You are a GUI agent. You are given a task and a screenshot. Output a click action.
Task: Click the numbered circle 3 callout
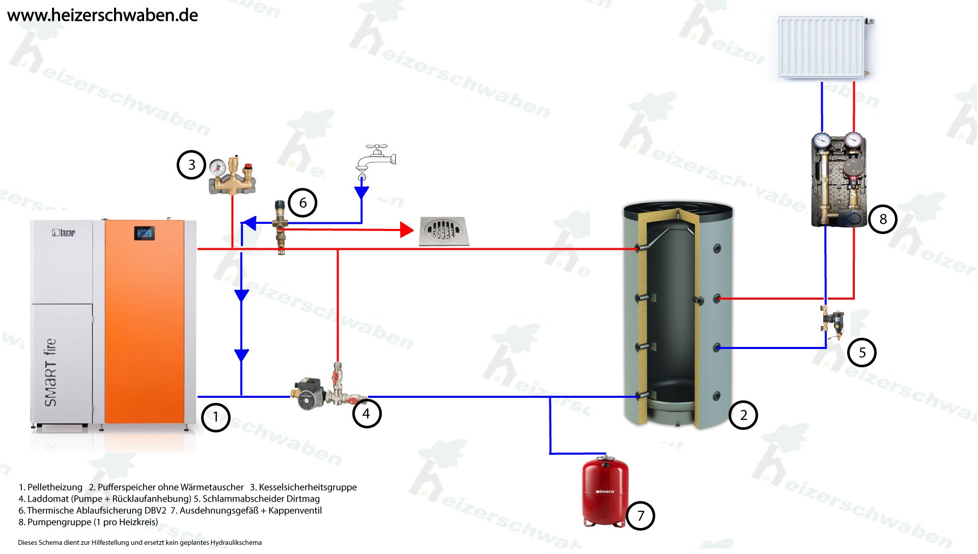pyautogui.click(x=191, y=165)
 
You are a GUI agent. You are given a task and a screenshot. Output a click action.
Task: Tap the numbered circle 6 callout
pyautogui.click(x=302, y=203)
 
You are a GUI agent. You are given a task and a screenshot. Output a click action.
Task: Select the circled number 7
pyautogui.click(x=640, y=516)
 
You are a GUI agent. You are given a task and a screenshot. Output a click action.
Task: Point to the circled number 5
pyautogui.click(x=861, y=353)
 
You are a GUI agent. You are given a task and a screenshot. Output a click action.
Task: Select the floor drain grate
pyautogui.click(x=443, y=231)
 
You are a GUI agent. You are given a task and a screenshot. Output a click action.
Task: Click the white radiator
pyautogui.click(x=822, y=47)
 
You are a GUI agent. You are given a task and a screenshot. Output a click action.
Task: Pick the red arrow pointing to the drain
pyautogui.click(x=406, y=230)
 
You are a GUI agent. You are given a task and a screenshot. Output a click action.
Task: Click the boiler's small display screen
pyautogui.click(x=144, y=234)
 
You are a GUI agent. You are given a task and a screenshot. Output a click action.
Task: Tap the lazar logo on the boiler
pyautogui.click(x=64, y=233)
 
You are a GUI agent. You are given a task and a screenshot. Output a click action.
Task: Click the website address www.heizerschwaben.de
pyautogui.click(x=102, y=15)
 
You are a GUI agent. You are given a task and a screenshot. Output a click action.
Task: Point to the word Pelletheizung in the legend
pyautogui.click(x=54, y=487)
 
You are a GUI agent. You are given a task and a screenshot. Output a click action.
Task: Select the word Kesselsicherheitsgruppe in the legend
pyautogui.click(x=308, y=487)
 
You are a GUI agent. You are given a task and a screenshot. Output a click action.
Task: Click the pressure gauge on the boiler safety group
pyautogui.click(x=218, y=166)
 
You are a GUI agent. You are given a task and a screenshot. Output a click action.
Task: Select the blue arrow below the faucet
pyautogui.click(x=361, y=192)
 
